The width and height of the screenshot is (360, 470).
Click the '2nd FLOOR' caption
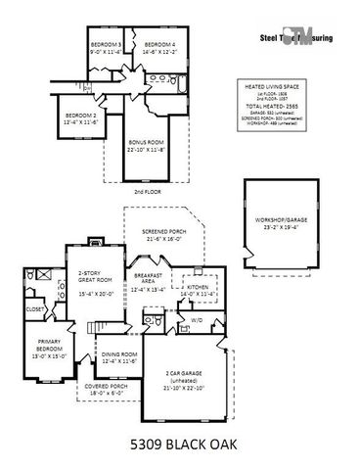pyautogui.click(x=147, y=193)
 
